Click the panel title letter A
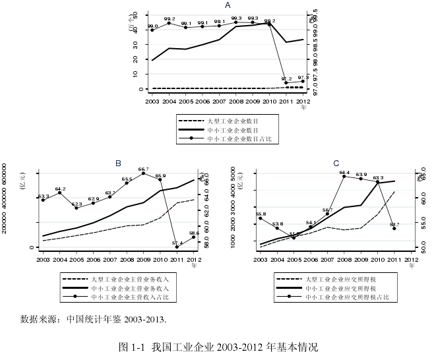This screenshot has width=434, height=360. coord(228,5)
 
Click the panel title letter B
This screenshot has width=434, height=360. coord(119,163)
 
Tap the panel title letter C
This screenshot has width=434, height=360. coord(336,163)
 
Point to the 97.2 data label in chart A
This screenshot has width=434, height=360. coord(287,78)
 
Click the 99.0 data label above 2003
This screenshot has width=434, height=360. coord(152,26)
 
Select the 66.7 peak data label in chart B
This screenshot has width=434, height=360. coord(143,169)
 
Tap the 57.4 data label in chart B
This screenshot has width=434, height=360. coord(177,243)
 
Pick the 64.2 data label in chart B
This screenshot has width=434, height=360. coord(60,189)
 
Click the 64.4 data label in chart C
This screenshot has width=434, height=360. coord(344,173)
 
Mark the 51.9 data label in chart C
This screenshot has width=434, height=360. coord(294,233)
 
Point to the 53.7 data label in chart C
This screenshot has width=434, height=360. coord(394,224)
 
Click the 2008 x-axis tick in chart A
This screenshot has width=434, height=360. coord(236,102)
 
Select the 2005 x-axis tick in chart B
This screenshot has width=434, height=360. coord(77,260)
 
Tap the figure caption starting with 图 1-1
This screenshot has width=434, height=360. coord(217,346)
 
